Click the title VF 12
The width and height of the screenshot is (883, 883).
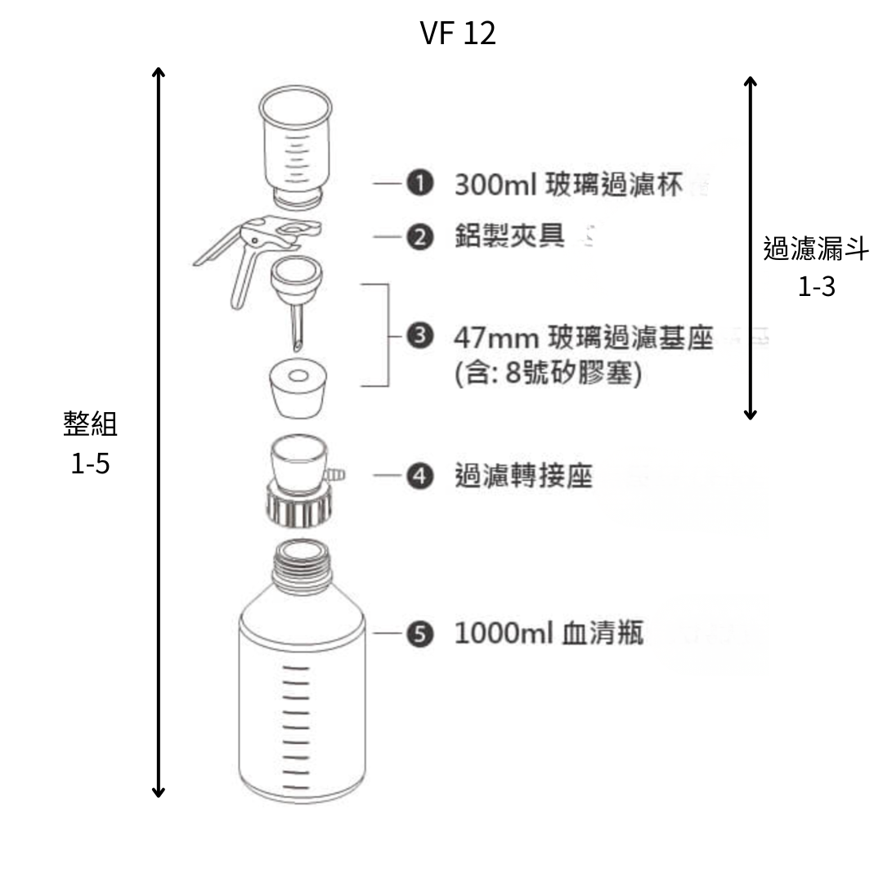(457, 34)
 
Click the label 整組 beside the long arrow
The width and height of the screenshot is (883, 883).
(90, 424)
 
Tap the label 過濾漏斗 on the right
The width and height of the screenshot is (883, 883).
(816, 249)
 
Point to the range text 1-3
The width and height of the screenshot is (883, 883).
(816, 287)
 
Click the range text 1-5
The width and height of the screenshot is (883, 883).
(90, 464)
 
